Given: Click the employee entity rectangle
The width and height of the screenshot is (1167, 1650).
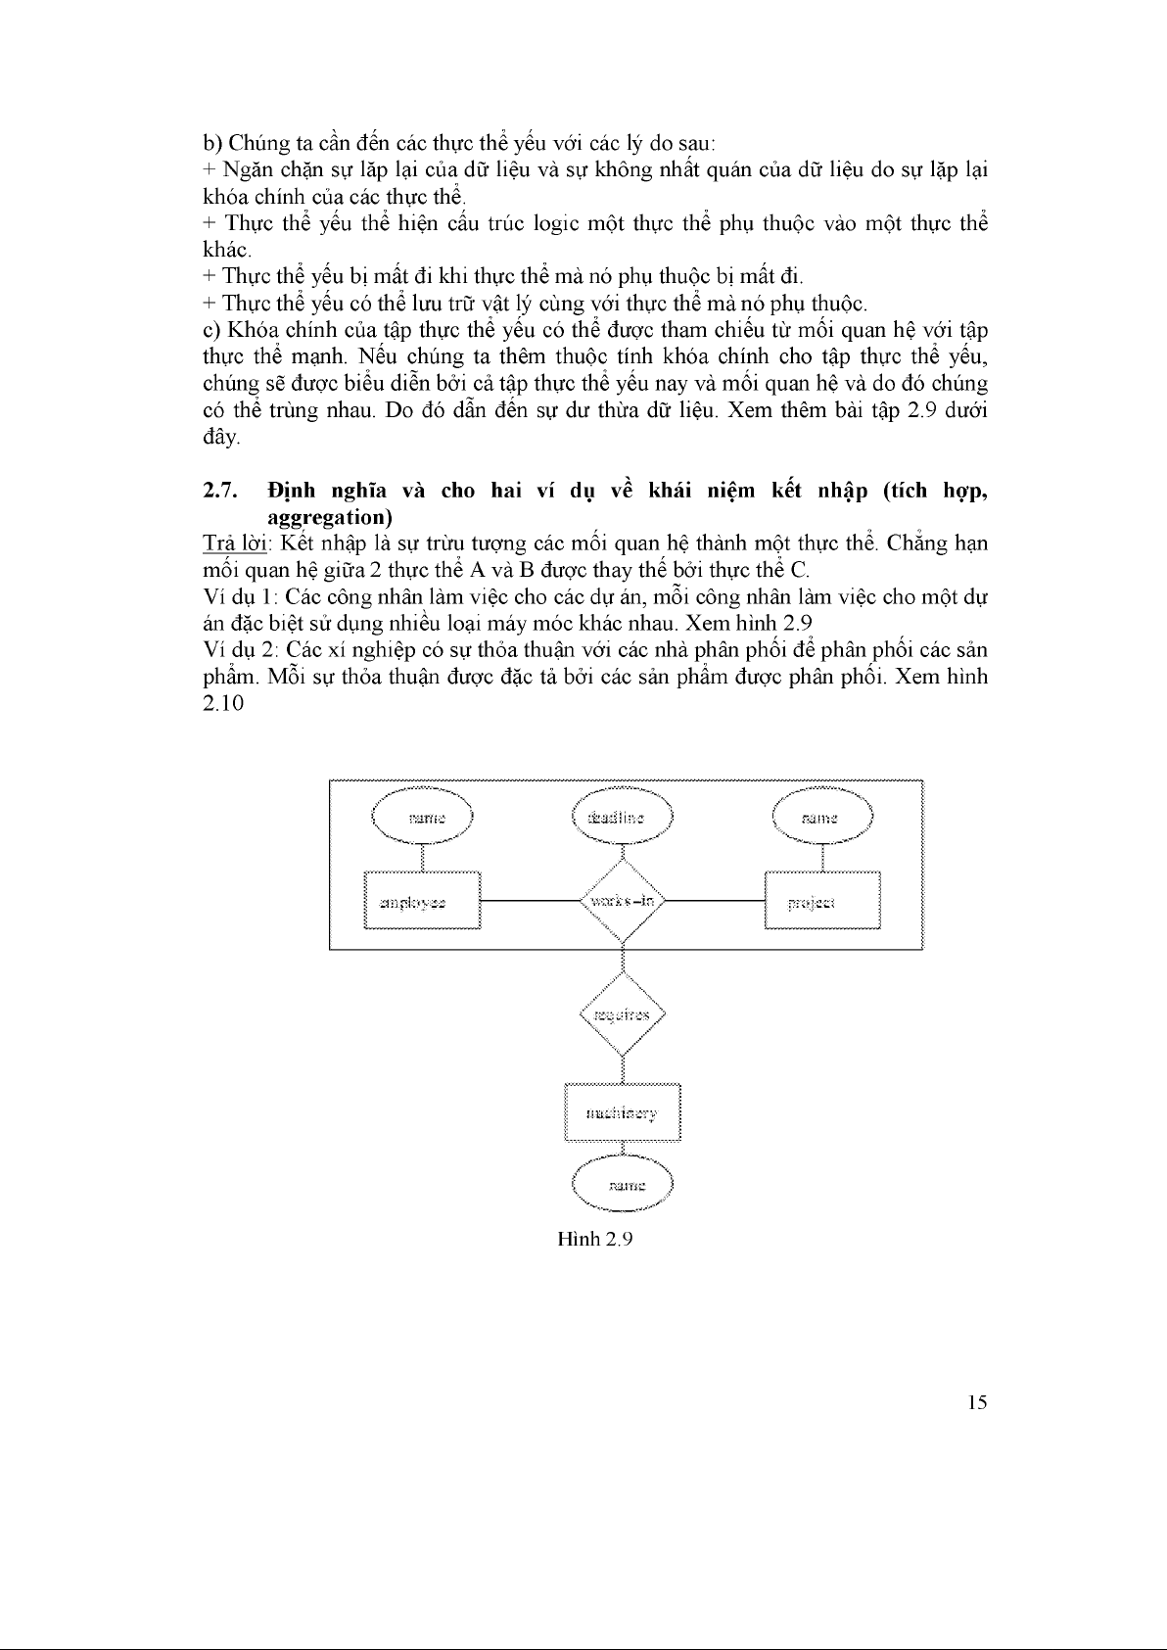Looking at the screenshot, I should (422, 900).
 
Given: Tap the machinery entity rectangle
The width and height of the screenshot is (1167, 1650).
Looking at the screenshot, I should (622, 1112).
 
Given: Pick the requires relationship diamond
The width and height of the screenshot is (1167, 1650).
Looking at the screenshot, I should (623, 1015).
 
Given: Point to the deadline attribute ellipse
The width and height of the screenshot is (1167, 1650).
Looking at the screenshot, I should (623, 817).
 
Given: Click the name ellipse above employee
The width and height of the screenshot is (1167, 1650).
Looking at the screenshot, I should (422, 817).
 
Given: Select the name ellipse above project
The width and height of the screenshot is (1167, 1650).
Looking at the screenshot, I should (821, 817).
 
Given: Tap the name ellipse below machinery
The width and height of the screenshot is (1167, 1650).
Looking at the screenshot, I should (624, 1185).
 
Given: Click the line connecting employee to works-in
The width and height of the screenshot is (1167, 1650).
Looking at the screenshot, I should (529, 900).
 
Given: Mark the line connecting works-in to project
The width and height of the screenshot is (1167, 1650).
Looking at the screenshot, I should (715, 900).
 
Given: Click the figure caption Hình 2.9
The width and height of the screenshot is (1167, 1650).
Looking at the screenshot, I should (595, 1239).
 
